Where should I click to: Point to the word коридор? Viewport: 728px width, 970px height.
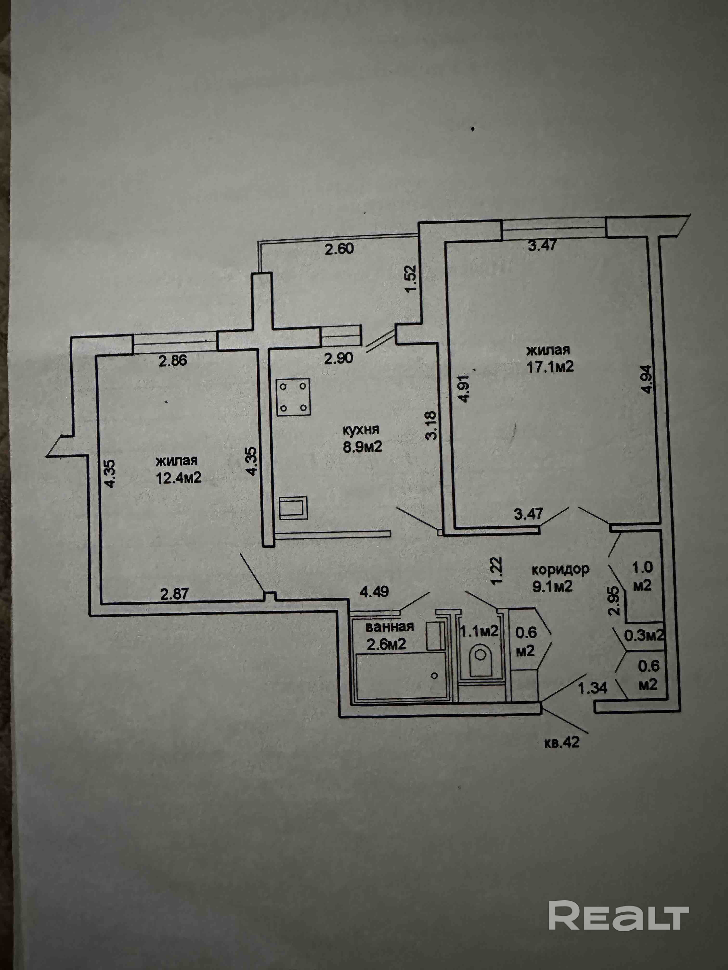[560, 570]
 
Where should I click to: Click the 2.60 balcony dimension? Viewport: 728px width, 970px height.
[339, 249]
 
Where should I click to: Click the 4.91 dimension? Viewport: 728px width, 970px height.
[465, 388]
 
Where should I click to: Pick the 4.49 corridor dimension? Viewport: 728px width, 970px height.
[374, 593]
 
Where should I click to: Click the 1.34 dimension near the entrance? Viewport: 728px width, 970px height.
[592, 688]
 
